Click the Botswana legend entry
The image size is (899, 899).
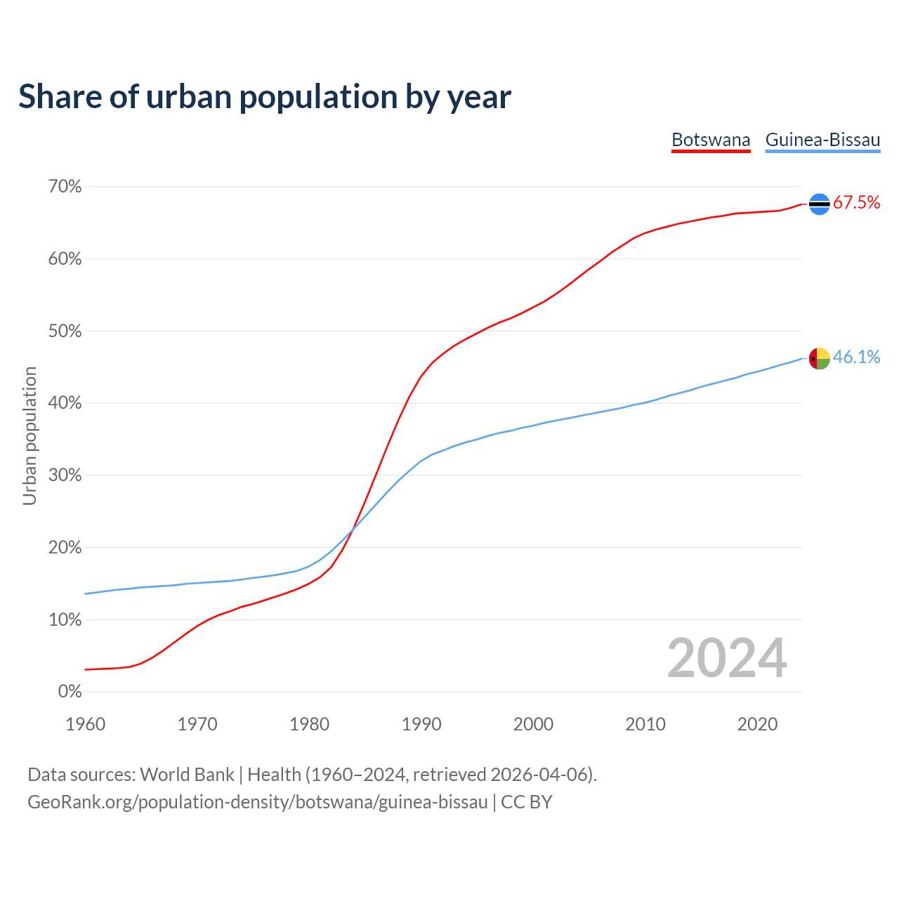[711, 140]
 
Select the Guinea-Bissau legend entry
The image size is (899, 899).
[822, 140]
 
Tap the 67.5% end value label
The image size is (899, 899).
[856, 203]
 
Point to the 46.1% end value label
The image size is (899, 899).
[856, 357]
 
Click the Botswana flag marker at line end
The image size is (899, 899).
[820, 204]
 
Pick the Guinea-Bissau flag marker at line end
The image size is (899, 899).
[820, 358]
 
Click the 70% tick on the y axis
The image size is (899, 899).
[65, 187]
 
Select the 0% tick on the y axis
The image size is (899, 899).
[70, 692]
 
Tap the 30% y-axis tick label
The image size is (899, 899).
[65, 475]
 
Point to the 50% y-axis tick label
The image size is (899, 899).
[65, 331]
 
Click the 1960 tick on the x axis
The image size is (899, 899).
[85, 724]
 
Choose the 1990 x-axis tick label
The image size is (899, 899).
[421, 724]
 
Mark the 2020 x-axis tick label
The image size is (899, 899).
[757, 724]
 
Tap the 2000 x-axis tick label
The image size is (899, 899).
[533, 724]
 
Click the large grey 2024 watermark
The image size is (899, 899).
[727, 658]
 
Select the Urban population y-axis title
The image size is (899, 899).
[29, 435]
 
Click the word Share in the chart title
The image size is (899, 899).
[59, 97]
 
